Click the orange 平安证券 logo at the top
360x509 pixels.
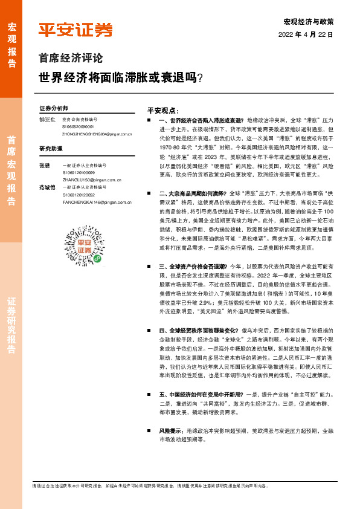(x=76, y=30)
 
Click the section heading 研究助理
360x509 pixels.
(x=51, y=148)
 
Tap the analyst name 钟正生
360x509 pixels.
(x=47, y=120)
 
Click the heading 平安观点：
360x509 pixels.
(x=163, y=111)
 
